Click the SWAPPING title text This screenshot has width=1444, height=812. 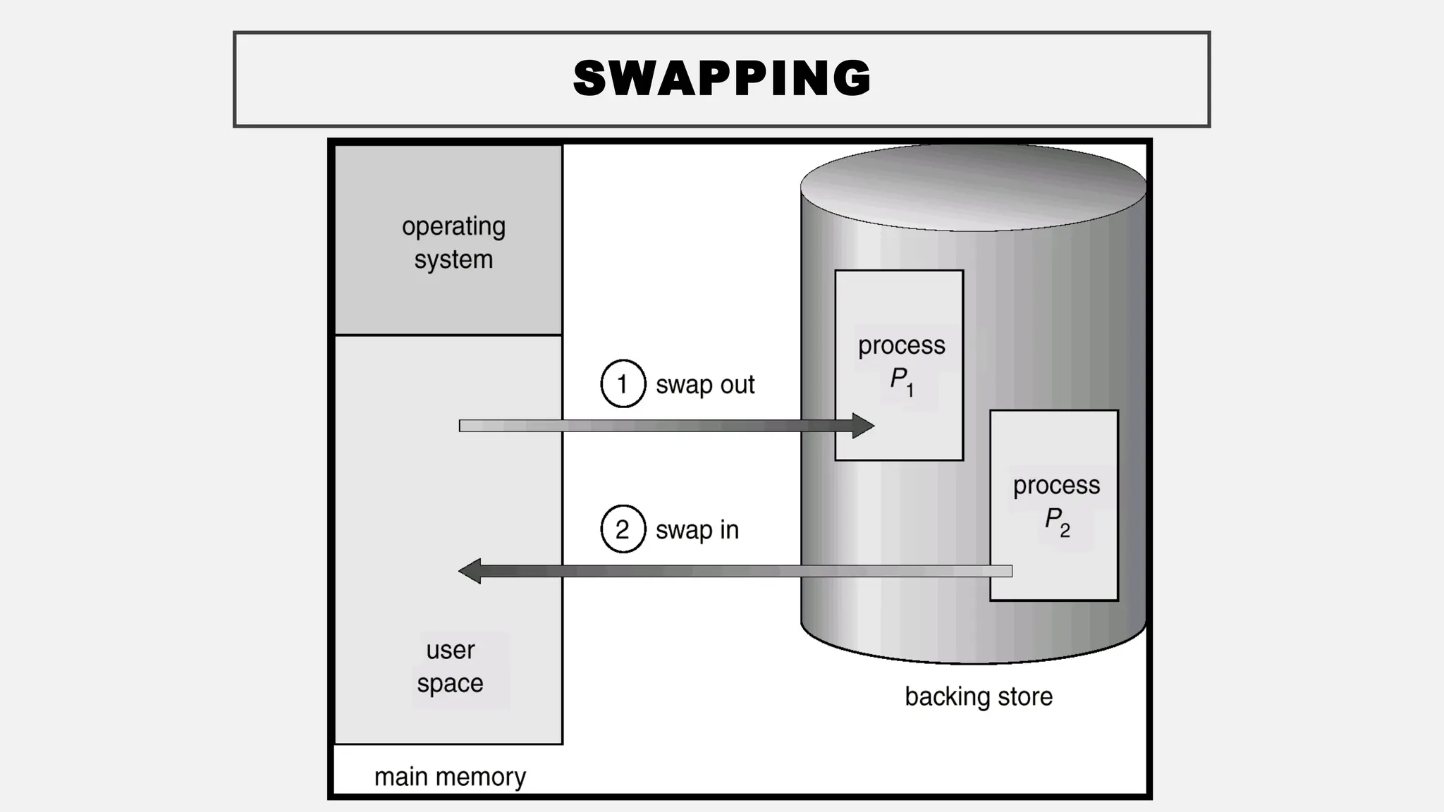(722, 78)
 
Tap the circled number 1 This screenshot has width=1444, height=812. (623, 384)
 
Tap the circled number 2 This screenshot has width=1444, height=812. (623, 529)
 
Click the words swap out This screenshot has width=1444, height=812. (705, 385)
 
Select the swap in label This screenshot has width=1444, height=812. (697, 530)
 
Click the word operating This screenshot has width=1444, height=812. (453, 227)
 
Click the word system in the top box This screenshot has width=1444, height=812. (453, 259)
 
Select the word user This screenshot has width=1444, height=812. (450, 650)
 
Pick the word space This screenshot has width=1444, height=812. (450, 683)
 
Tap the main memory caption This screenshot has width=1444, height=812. (450, 777)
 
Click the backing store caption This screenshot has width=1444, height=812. (979, 696)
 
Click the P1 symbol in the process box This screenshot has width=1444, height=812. (901, 381)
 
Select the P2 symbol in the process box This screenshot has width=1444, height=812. (1056, 521)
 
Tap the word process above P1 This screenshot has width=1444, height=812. (901, 345)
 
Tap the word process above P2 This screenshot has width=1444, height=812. (1056, 485)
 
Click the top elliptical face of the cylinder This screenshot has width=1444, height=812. (973, 187)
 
